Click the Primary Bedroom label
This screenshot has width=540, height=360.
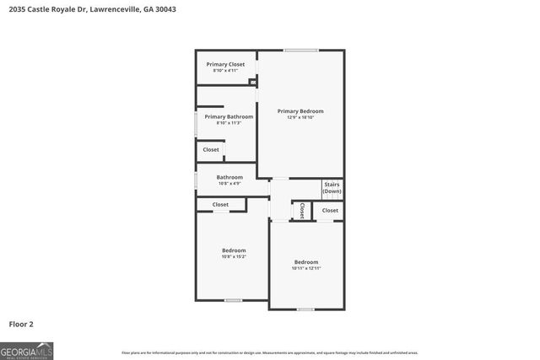[x=300, y=111]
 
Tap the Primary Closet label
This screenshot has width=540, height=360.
[x=225, y=64]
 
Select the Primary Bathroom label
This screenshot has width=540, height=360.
[x=228, y=116]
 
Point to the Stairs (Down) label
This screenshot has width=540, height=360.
[x=332, y=188]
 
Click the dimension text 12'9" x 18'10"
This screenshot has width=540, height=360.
[x=300, y=118]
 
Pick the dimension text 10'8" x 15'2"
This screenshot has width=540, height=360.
[x=234, y=257]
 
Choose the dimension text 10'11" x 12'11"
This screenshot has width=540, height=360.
[x=306, y=268]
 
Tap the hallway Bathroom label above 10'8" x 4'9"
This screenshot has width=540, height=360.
[x=229, y=177]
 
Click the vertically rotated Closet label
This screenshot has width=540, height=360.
[x=301, y=211]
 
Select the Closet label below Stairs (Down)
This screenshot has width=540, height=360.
[x=330, y=210]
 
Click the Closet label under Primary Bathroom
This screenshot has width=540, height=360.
[x=211, y=150]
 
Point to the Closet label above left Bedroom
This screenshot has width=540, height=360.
[x=220, y=205]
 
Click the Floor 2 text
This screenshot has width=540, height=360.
[x=21, y=323]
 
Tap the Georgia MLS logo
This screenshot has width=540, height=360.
[x=26, y=350]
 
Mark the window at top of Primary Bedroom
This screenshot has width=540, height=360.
[x=301, y=51]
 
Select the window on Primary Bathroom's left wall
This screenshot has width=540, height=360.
[x=197, y=124]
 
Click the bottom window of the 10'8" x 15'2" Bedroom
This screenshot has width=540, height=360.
[x=234, y=300]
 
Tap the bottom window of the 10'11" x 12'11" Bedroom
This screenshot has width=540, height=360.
[x=306, y=309]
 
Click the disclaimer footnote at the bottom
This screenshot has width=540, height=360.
[x=269, y=352]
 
